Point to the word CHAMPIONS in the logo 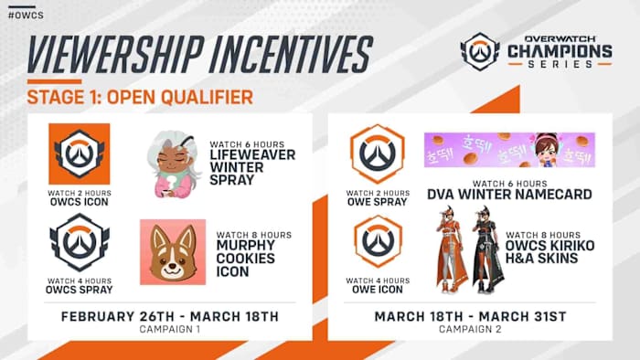click(x=559, y=51)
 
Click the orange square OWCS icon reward click(x=80, y=154)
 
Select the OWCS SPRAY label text click(x=80, y=290)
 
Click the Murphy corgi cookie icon click(x=169, y=252)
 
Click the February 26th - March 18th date click(x=169, y=317)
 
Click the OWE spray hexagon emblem click(x=378, y=154)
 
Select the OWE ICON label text click(x=378, y=290)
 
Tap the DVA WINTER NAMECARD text click(x=509, y=194)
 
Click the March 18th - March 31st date click(x=470, y=317)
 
